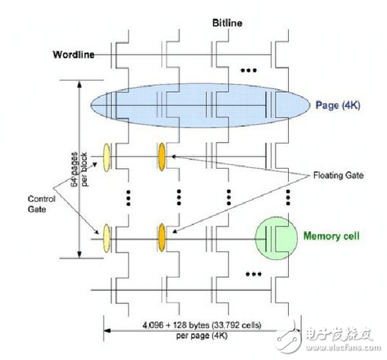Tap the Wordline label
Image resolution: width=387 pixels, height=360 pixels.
(x=74, y=54)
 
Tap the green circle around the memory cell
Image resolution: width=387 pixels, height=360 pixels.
(x=277, y=237)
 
